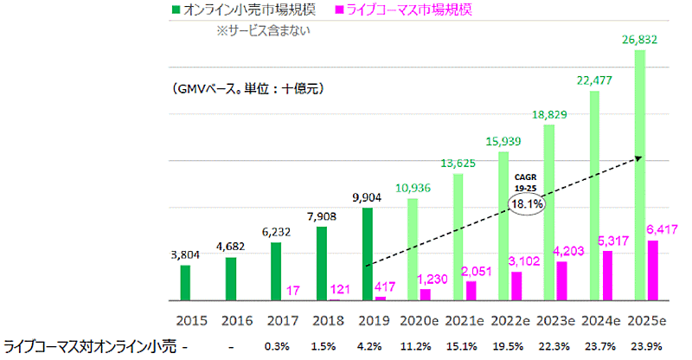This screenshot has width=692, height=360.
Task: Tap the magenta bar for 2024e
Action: pyautogui.click(x=608, y=276)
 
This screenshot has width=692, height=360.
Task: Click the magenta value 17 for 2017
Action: pyautogui.click(x=292, y=289)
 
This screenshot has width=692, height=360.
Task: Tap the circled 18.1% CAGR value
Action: pyautogui.click(x=526, y=204)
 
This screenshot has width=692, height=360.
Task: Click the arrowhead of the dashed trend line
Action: pyautogui.click(x=638, y=157)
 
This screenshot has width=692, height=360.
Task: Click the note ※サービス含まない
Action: pyautogui.click(x=263, y=30)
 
